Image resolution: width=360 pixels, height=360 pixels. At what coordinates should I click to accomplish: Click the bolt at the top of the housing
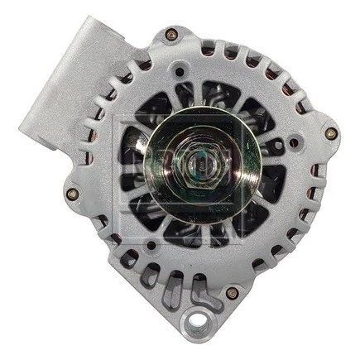[171, 35]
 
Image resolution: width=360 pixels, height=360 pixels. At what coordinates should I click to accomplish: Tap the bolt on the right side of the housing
[330, 132]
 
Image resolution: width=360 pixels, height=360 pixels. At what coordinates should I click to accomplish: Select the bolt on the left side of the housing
[72, 194]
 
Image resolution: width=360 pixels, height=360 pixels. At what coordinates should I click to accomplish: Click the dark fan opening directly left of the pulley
[132, 162]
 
